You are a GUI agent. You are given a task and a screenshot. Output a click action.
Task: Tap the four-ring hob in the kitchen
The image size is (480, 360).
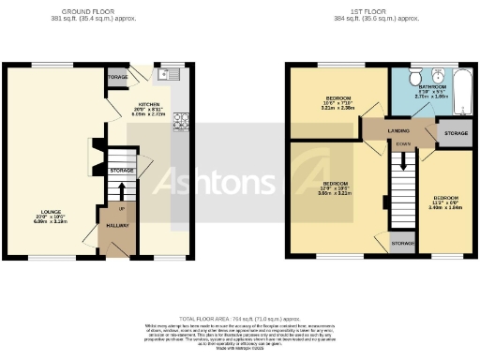181,120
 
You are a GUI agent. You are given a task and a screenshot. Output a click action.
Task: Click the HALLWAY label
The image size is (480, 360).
117,226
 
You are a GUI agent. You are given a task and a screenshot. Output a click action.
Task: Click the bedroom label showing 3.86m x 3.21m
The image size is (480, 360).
336,186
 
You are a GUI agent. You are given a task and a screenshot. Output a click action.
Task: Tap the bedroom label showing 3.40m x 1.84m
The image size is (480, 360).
445,201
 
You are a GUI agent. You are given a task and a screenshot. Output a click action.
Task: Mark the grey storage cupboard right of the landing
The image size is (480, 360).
455,134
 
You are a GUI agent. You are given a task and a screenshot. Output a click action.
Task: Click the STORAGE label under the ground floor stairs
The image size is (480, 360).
121,171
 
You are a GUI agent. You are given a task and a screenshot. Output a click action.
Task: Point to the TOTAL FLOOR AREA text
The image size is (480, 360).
239,319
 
